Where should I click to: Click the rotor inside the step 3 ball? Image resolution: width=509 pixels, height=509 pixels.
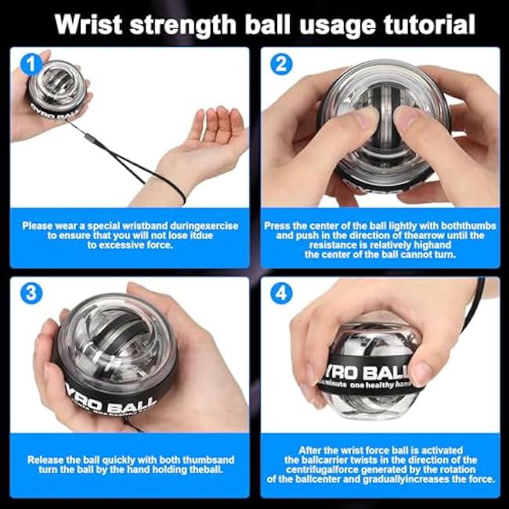tap(110, 337)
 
